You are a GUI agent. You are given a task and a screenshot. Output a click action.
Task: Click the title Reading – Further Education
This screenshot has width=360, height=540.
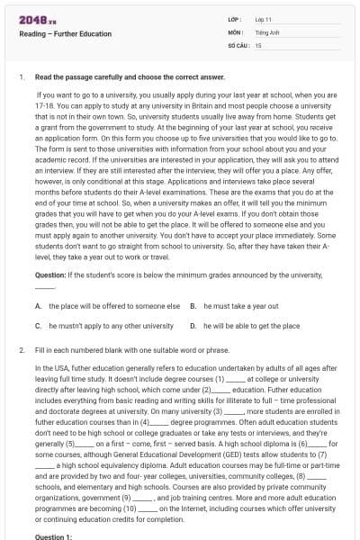[66, 34]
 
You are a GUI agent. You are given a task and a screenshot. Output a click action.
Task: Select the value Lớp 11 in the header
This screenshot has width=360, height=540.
[262, 19]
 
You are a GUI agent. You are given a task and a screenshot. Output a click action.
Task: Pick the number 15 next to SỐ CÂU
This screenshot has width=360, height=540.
[258, 44]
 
